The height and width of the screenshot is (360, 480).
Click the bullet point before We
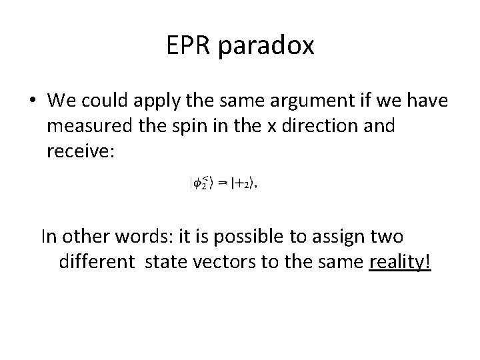[x=32, y=101]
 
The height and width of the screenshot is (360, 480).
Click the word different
[x=97, y=262]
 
